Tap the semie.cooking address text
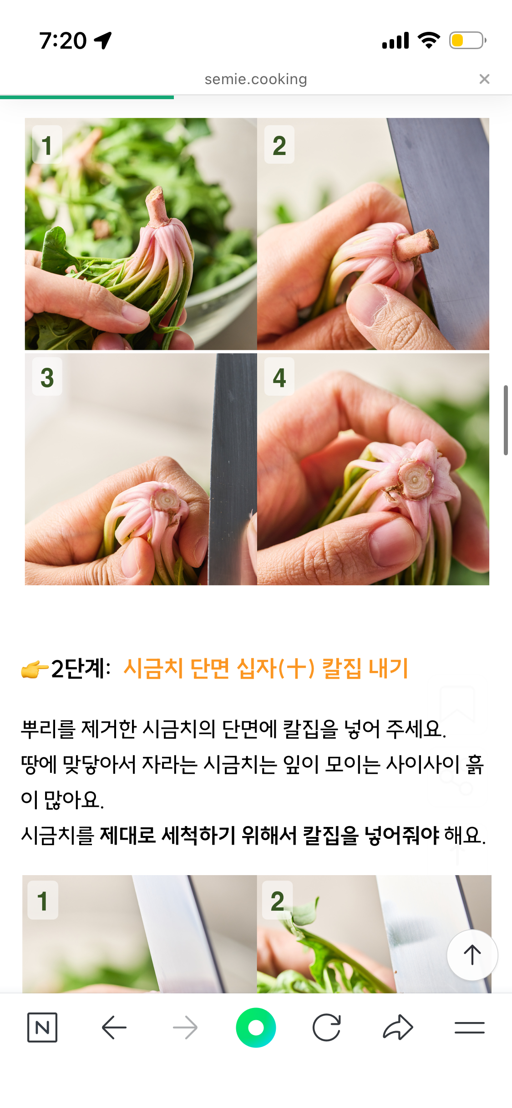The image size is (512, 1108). (x=256, y=79)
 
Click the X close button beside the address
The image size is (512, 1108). (x=485, y=79)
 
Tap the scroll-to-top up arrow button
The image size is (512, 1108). (x=472, y=955)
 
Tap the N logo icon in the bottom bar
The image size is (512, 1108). (x=42, y=1027)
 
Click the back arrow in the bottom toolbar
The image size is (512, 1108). (x=114, y=1027)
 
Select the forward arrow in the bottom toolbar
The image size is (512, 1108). (x=185, y=1027)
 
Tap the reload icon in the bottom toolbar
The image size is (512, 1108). (x=327, y=1027)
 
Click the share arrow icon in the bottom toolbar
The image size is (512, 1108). (x=398, y=1027)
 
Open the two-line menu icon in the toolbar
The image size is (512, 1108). (x=469, y=1027)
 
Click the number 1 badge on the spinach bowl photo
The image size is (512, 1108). (x=47, y=145)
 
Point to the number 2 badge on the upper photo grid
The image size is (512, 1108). (x=279, y=145)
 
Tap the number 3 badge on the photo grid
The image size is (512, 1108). (x=47, y=377)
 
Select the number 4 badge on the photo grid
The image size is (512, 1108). (x=279, y=377)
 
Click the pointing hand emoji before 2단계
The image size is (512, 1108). (x=35, y=670)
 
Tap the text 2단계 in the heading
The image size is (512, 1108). (x=80, y=669)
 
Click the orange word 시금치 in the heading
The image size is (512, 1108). (x=153, y=669)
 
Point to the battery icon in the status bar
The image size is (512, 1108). (x=468, y=40)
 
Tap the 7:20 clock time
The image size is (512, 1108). (x=63, y=41)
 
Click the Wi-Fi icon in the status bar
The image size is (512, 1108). (x=429, y=40)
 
